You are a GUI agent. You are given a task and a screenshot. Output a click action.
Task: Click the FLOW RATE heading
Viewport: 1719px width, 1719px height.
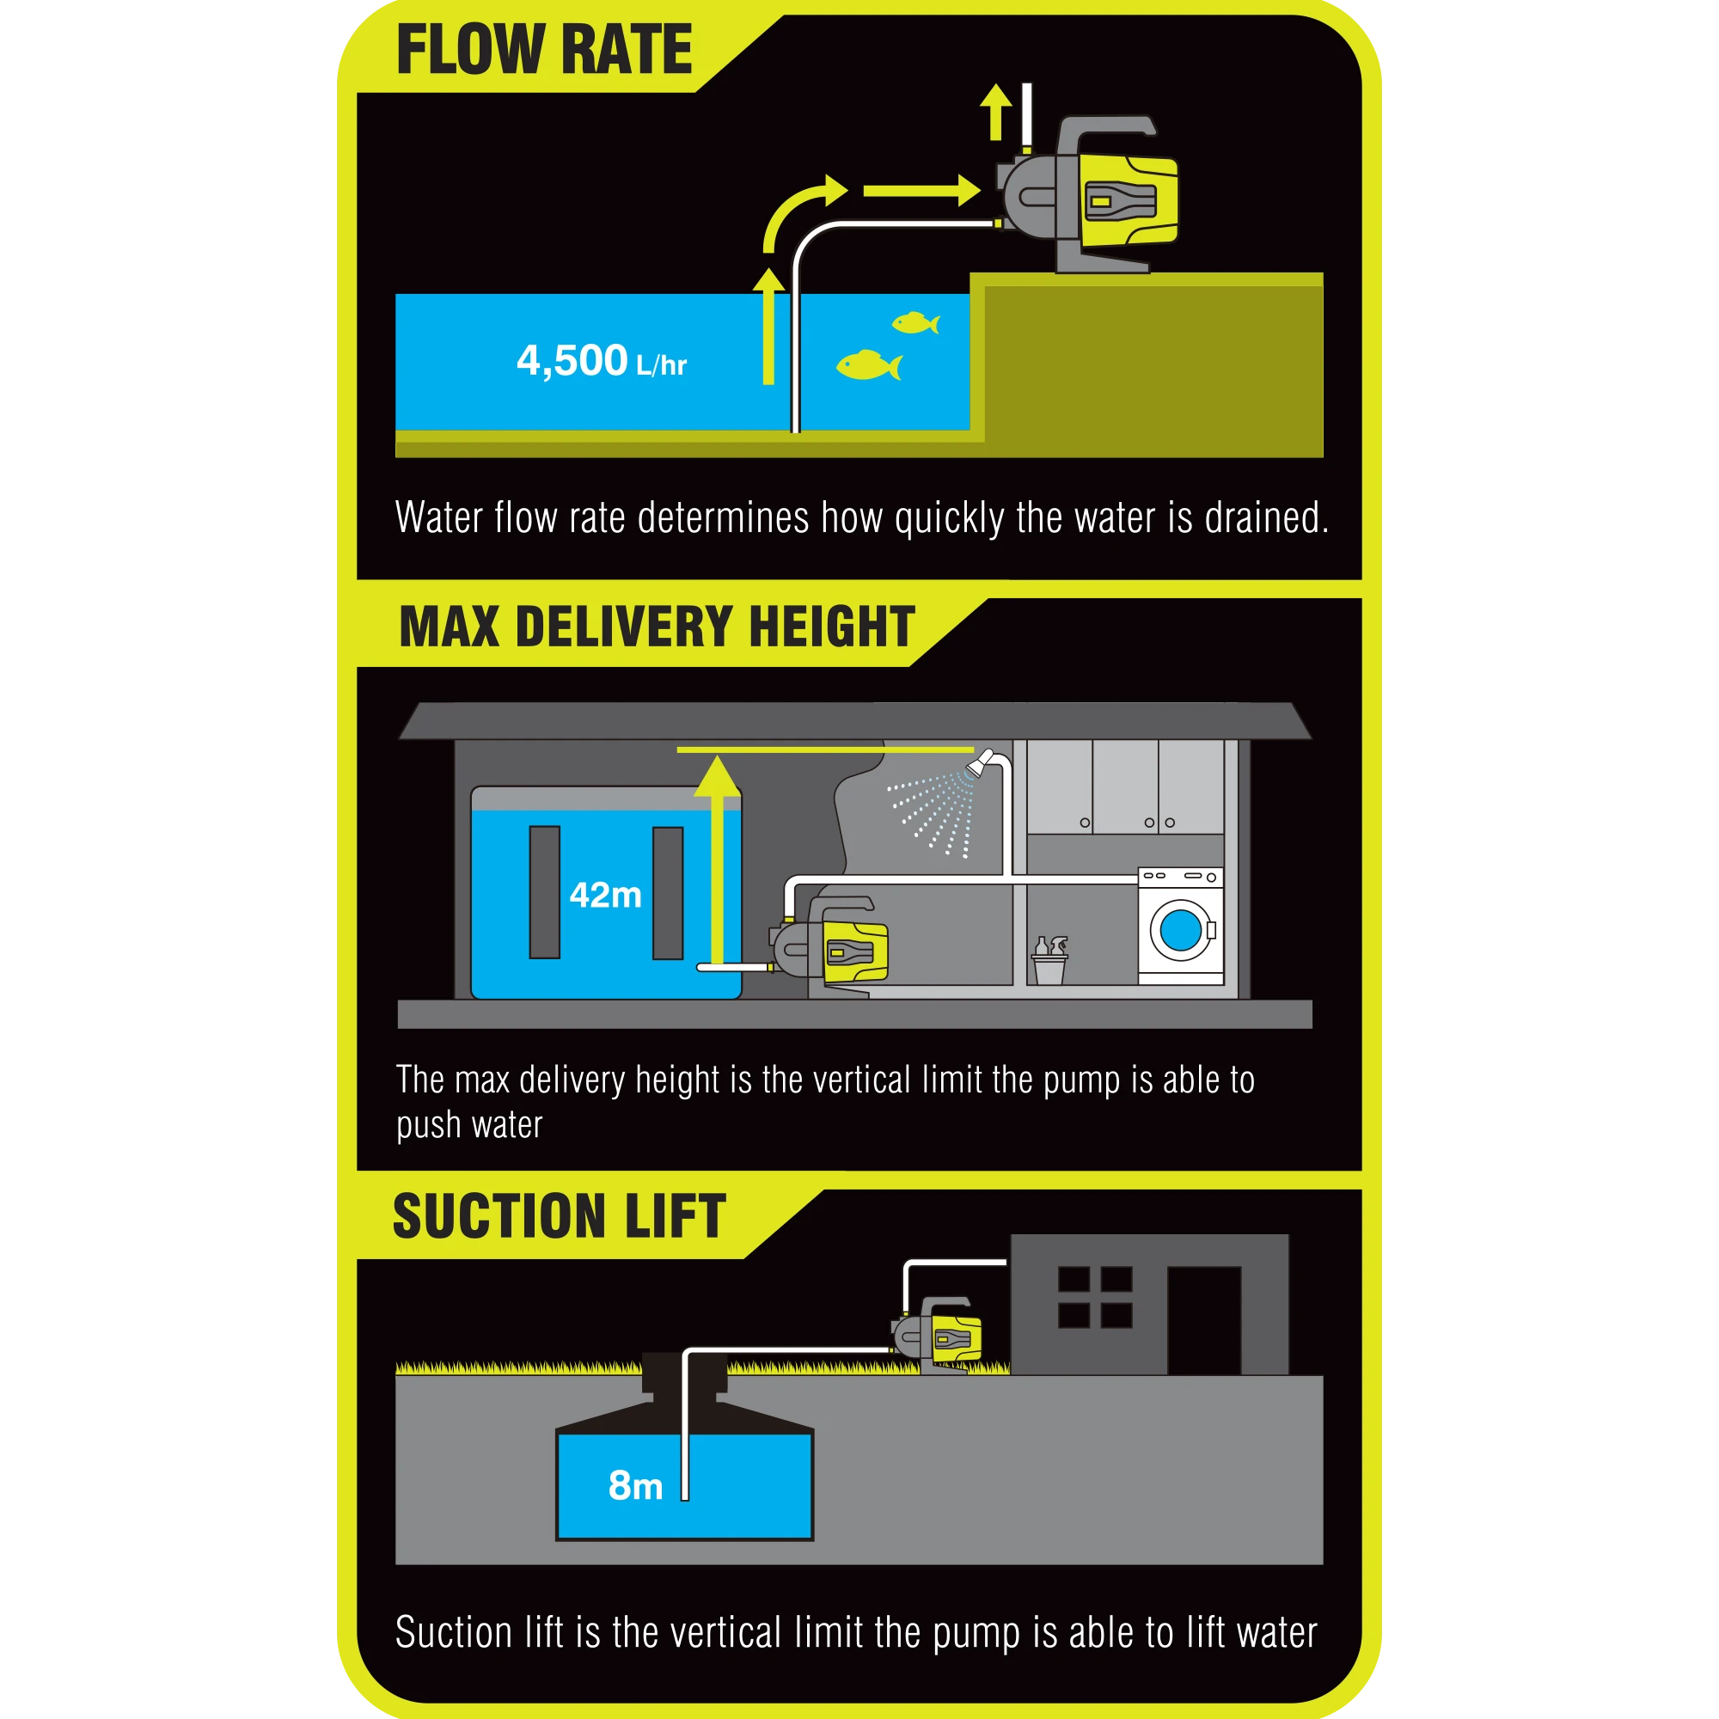click(544, 50)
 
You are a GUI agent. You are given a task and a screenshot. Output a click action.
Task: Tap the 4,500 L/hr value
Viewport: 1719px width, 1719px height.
click(602, 360)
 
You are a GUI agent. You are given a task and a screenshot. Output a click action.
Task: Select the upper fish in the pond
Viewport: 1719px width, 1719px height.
click(915, 322)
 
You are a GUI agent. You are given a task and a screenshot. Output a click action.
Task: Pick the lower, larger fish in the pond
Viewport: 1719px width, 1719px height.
click(868, 364)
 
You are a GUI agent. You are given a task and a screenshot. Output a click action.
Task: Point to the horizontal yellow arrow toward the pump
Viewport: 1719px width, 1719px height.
click(921, 191)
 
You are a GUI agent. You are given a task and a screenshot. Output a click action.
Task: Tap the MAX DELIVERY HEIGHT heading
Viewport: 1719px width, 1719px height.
click(657, 627)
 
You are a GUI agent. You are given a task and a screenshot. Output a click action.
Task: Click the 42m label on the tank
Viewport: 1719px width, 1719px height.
click(605, 895)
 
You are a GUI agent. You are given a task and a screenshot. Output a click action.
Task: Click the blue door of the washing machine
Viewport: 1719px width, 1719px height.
click(1181, 930)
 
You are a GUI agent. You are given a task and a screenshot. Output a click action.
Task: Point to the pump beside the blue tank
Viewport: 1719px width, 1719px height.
click(830, 946)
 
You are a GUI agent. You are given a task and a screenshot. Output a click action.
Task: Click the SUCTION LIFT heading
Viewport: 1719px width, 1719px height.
click(560, 1216)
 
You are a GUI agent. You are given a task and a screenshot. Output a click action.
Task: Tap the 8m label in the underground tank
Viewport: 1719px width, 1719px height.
click(635, 1485)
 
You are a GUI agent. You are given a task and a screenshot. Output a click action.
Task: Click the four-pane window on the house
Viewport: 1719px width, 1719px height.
click(1095, 1297)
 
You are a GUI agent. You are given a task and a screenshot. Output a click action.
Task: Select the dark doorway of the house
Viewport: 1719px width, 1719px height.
click(1204, 1320)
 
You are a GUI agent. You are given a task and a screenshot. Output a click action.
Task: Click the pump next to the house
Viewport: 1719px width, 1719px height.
click(938, 1336)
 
